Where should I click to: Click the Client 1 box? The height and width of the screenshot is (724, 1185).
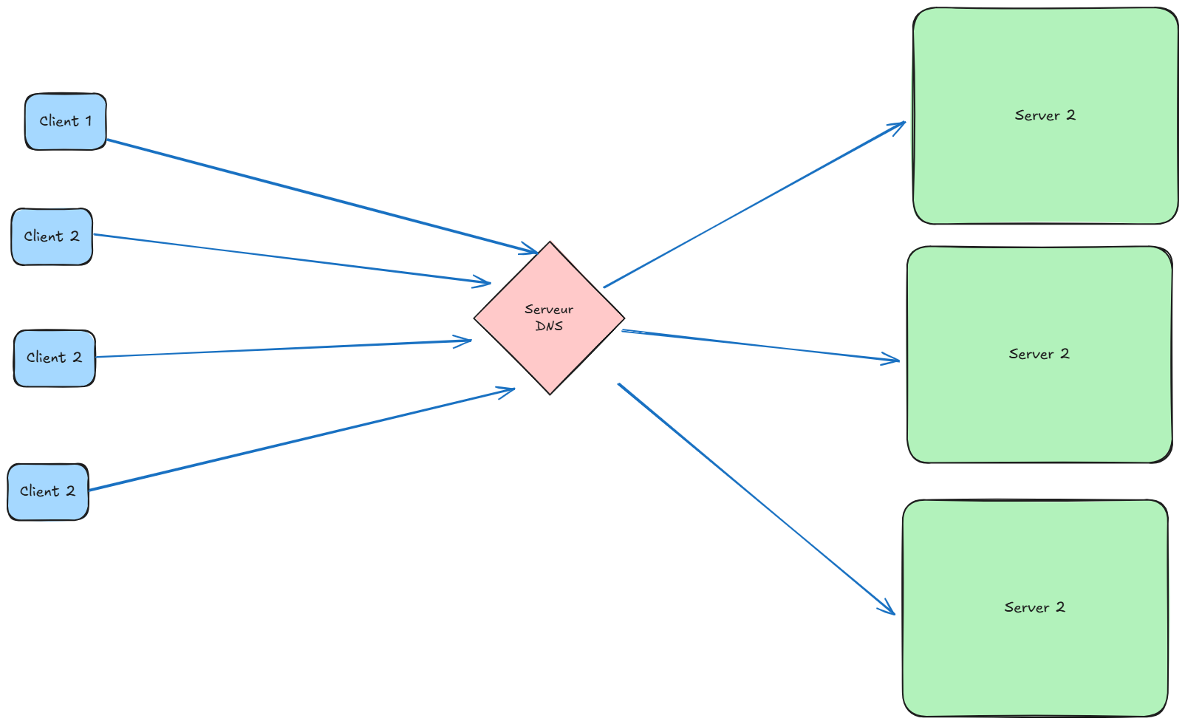pos(65,121)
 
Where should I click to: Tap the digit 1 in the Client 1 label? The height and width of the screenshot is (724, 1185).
pos(88,121)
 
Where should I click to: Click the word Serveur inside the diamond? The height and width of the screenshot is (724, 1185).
pos(548,310)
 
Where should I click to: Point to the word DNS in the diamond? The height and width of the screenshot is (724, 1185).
pos(549,326)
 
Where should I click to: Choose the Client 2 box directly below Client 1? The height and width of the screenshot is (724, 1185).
pos(52,236)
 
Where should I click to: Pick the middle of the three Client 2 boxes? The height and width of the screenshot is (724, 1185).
pos(54,358)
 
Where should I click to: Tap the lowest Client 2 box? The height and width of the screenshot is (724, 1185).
pos(48,491)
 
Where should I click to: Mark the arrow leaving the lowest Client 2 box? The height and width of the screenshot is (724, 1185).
pos(296,440)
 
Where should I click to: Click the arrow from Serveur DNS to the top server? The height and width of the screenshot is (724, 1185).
pos(754,205)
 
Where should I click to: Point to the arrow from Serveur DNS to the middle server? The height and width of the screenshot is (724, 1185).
pos(761,346)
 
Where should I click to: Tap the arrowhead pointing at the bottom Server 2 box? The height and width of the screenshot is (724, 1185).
pos(889,609)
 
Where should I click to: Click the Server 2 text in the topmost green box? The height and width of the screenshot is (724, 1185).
pos(1045,115)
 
